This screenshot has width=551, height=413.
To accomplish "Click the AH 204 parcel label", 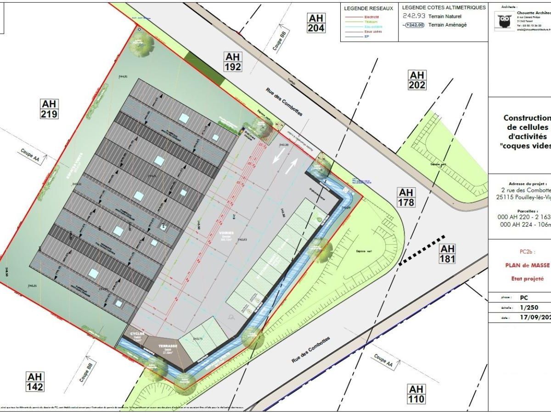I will pyautogui.click(x=316, y=23).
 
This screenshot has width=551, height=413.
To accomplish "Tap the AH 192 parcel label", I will pyautogui.click(x=233, y=61).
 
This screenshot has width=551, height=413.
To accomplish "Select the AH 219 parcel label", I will pyautogui.click(x=49, y=109).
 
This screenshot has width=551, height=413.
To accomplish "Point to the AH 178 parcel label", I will pyautogui.click(x=406, y=197).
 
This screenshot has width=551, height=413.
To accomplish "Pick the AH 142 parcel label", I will pyautogui.click(x=35, y=382).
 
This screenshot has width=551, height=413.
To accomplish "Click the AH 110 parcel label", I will pyautogui.click(x=416, y=394).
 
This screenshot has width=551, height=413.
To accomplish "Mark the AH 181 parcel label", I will pyautogui.click(x=447, y=253).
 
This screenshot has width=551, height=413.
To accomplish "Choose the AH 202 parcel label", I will pyautogui.click(x=417, y=80).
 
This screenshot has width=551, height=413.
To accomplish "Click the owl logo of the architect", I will pyautogui.click(x=504, y=21).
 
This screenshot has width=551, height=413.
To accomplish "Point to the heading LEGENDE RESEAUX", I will pyautogui.click(x=369, y=8).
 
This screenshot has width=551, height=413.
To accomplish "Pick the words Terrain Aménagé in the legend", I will pyautogui.click(x=447, y=25).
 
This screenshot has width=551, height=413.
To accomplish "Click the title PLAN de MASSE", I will pyautogui.click(x=527, y=265).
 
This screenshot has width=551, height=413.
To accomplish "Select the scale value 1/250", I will pyautogui.click(x=529, y=307).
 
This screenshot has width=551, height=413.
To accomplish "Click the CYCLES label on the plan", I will pyautogui.click(x=137, y=334).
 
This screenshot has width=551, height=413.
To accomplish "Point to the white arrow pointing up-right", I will pyautogui.click(x=290, y=166).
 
